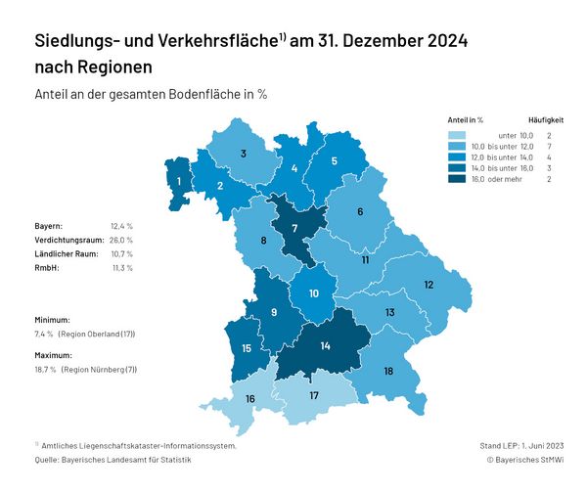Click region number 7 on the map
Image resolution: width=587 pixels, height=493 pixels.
pos(294,228)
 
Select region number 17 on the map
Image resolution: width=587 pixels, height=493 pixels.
pos(314,395)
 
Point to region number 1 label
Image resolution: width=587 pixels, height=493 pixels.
pos(179,181)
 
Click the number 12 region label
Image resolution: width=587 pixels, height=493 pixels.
pos(429,285)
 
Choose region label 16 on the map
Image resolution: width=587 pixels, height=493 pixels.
pos(250,399)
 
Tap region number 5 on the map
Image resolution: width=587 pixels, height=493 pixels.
pos(335,161)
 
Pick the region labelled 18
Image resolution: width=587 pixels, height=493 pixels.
pos(388,371)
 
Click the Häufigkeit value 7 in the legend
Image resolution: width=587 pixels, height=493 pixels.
pos(550,146)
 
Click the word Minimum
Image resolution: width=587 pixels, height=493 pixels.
pos(52,320)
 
